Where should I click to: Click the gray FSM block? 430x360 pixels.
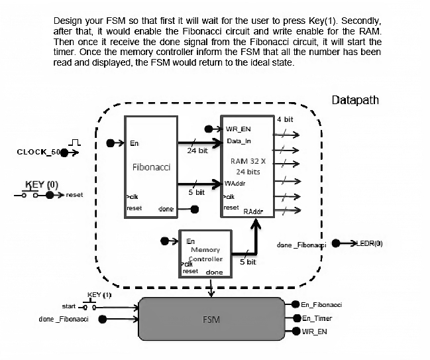(x=211, y=319)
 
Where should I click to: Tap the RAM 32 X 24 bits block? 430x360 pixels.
(x=248, y=166)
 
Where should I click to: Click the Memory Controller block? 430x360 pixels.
(x=205, y=253)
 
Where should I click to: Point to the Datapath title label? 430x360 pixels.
(x=355, y=100)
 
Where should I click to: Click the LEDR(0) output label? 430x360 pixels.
(x=370, y=243)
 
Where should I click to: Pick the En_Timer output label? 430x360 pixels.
(x=316, y=318)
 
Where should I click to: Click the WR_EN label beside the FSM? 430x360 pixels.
(x=313, y=331)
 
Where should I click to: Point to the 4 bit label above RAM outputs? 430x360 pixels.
(x=285, y=119)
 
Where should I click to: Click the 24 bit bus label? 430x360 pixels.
(x=197, y=150)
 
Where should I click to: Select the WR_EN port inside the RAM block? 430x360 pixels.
(x=237, y=129)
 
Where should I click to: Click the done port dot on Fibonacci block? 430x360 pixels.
(x=194, y=210)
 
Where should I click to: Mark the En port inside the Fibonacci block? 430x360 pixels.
(x=134, y=143)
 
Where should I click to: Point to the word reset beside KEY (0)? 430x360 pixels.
(x=74, y=195)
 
